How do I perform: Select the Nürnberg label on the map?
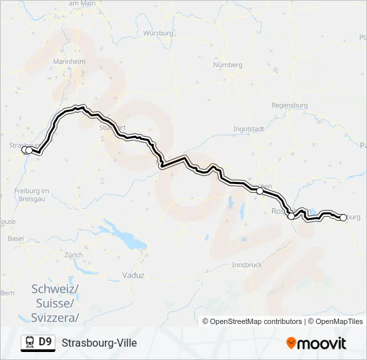(x=227, y=65)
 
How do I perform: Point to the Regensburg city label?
(x=290, y=105)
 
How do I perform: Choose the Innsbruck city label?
(x=246, y=265)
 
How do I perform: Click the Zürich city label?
(x=73, y=255)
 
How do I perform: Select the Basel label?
(x=15, y=238)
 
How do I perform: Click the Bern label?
(x=7, y=293)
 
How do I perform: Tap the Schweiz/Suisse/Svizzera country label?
(x=55, y=303)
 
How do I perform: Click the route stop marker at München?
(x=260, y=191)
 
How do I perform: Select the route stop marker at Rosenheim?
(x=291, y=216)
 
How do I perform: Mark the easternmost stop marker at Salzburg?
(x=344, y=217)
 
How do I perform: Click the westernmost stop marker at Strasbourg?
(x=25, y=150)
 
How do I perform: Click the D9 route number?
(x=45, y=343)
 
